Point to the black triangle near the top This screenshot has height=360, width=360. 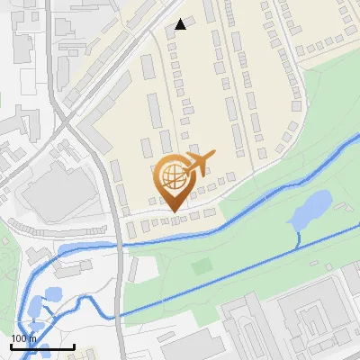(x=181, y=24)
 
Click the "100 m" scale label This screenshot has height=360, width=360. (x=24, y=338)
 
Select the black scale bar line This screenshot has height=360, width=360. (x=42, y=346)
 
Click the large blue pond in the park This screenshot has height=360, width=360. (x=310, y=210)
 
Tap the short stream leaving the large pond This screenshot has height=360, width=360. (x=299, y=236)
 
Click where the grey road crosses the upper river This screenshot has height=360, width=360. (x=118, y=243)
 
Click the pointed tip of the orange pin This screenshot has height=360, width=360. (x=174, y=211)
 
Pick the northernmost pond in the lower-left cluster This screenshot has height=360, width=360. (x=52, y=294)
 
